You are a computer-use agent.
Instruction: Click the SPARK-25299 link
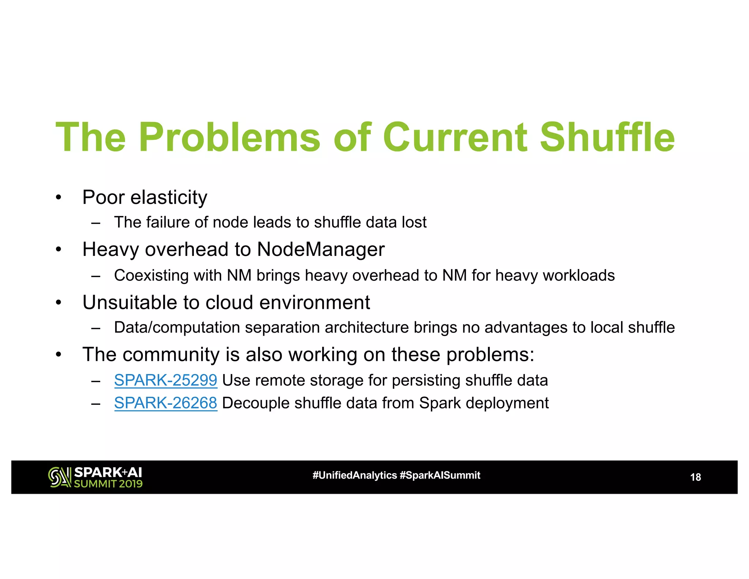tap(166, 380)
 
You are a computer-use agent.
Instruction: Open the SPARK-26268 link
tap(166, 403)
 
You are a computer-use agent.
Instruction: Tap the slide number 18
tap(695, 477)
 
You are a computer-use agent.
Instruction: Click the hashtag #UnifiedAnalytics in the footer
tap(354, 475)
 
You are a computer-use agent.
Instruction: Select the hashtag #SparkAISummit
tap(440, 475)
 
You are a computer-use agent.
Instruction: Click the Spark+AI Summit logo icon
tap(60, 477)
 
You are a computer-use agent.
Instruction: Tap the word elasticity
tap(169, 198)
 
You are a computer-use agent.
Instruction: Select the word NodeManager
tap(321, 250)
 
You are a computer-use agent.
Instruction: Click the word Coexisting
tap(151, 276)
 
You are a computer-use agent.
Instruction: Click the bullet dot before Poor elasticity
tap(59, 198)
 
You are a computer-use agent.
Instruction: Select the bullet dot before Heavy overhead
tap(59, 250)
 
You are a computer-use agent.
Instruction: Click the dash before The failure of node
tap(96, 223)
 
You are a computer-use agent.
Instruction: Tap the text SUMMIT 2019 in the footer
tap(108, 484)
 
